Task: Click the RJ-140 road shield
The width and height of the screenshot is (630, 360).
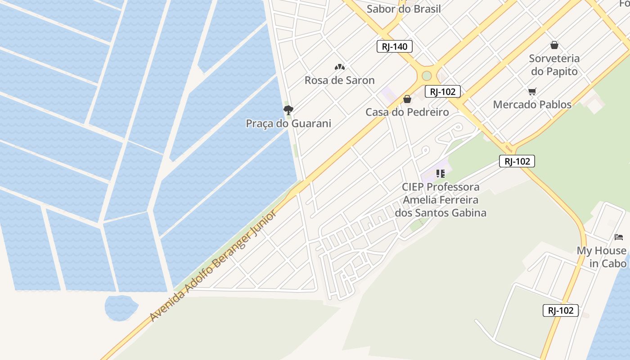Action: click(394, 46)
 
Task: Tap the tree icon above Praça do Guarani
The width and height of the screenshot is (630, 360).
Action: click(288, 110)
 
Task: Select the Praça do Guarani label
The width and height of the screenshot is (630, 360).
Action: click(288, 123)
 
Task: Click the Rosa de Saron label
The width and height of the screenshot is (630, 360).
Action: click(339, 80)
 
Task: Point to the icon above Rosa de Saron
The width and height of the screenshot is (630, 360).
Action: click(339, 67)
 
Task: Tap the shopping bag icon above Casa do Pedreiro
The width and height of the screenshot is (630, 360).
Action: click(407, 99)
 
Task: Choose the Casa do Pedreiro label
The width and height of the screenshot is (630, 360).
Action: click(407, 112)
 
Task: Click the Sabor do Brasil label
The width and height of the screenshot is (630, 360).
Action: click(404, 9)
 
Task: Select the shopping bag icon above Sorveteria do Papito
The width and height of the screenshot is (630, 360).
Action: click(554, 45)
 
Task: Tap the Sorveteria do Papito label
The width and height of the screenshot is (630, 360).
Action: click(554, 65)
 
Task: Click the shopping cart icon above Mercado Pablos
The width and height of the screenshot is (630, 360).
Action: click(532, 92)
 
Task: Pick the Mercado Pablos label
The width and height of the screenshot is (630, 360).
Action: click(532, 104)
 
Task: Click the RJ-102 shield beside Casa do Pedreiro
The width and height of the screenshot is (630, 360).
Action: click(442, 92)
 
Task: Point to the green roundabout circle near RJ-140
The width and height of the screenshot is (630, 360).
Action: click(427, 76)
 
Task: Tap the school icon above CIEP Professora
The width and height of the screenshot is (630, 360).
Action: click(440, 173)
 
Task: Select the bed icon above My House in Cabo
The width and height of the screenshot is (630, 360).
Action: click(619, 237)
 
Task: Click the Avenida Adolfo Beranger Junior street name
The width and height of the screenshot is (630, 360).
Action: click(213, 265)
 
